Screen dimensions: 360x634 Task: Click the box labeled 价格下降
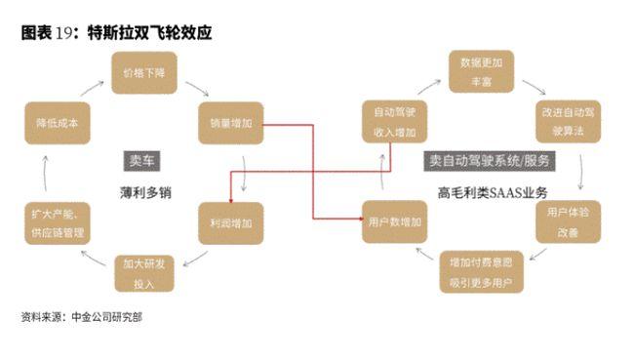click(142, 73)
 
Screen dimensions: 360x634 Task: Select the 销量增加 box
click(230, 124)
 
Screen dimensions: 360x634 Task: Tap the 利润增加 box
click(230, 223)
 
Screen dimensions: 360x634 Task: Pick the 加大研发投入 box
click(144, 272)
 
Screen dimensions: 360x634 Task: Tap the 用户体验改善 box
click(567, 222)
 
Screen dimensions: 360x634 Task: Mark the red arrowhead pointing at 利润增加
click(230, 197)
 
